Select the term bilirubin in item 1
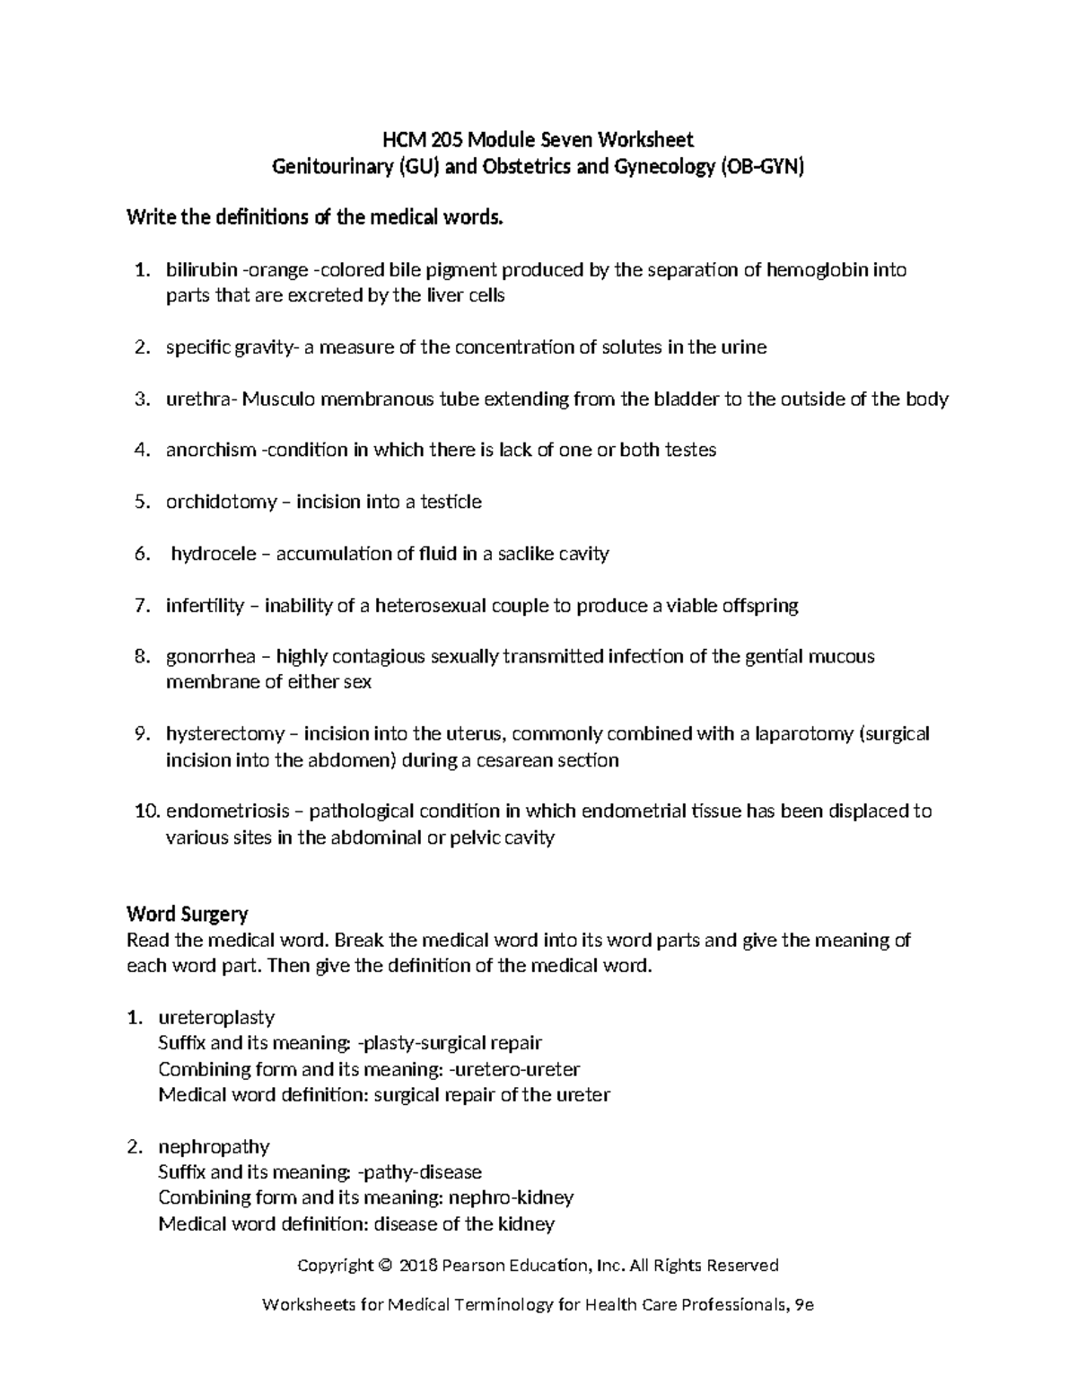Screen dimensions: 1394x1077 (x=201, y=270)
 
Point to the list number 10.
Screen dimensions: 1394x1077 (x=146, y=811)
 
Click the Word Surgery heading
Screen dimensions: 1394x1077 (x=187, y=915)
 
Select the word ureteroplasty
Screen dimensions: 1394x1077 (x=216, y=1018)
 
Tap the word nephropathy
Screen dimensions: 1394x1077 (x=214, y=1147)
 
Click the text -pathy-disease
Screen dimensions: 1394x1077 (x=419, y=1172)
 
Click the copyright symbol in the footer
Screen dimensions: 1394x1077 (x=385, y=1266)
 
